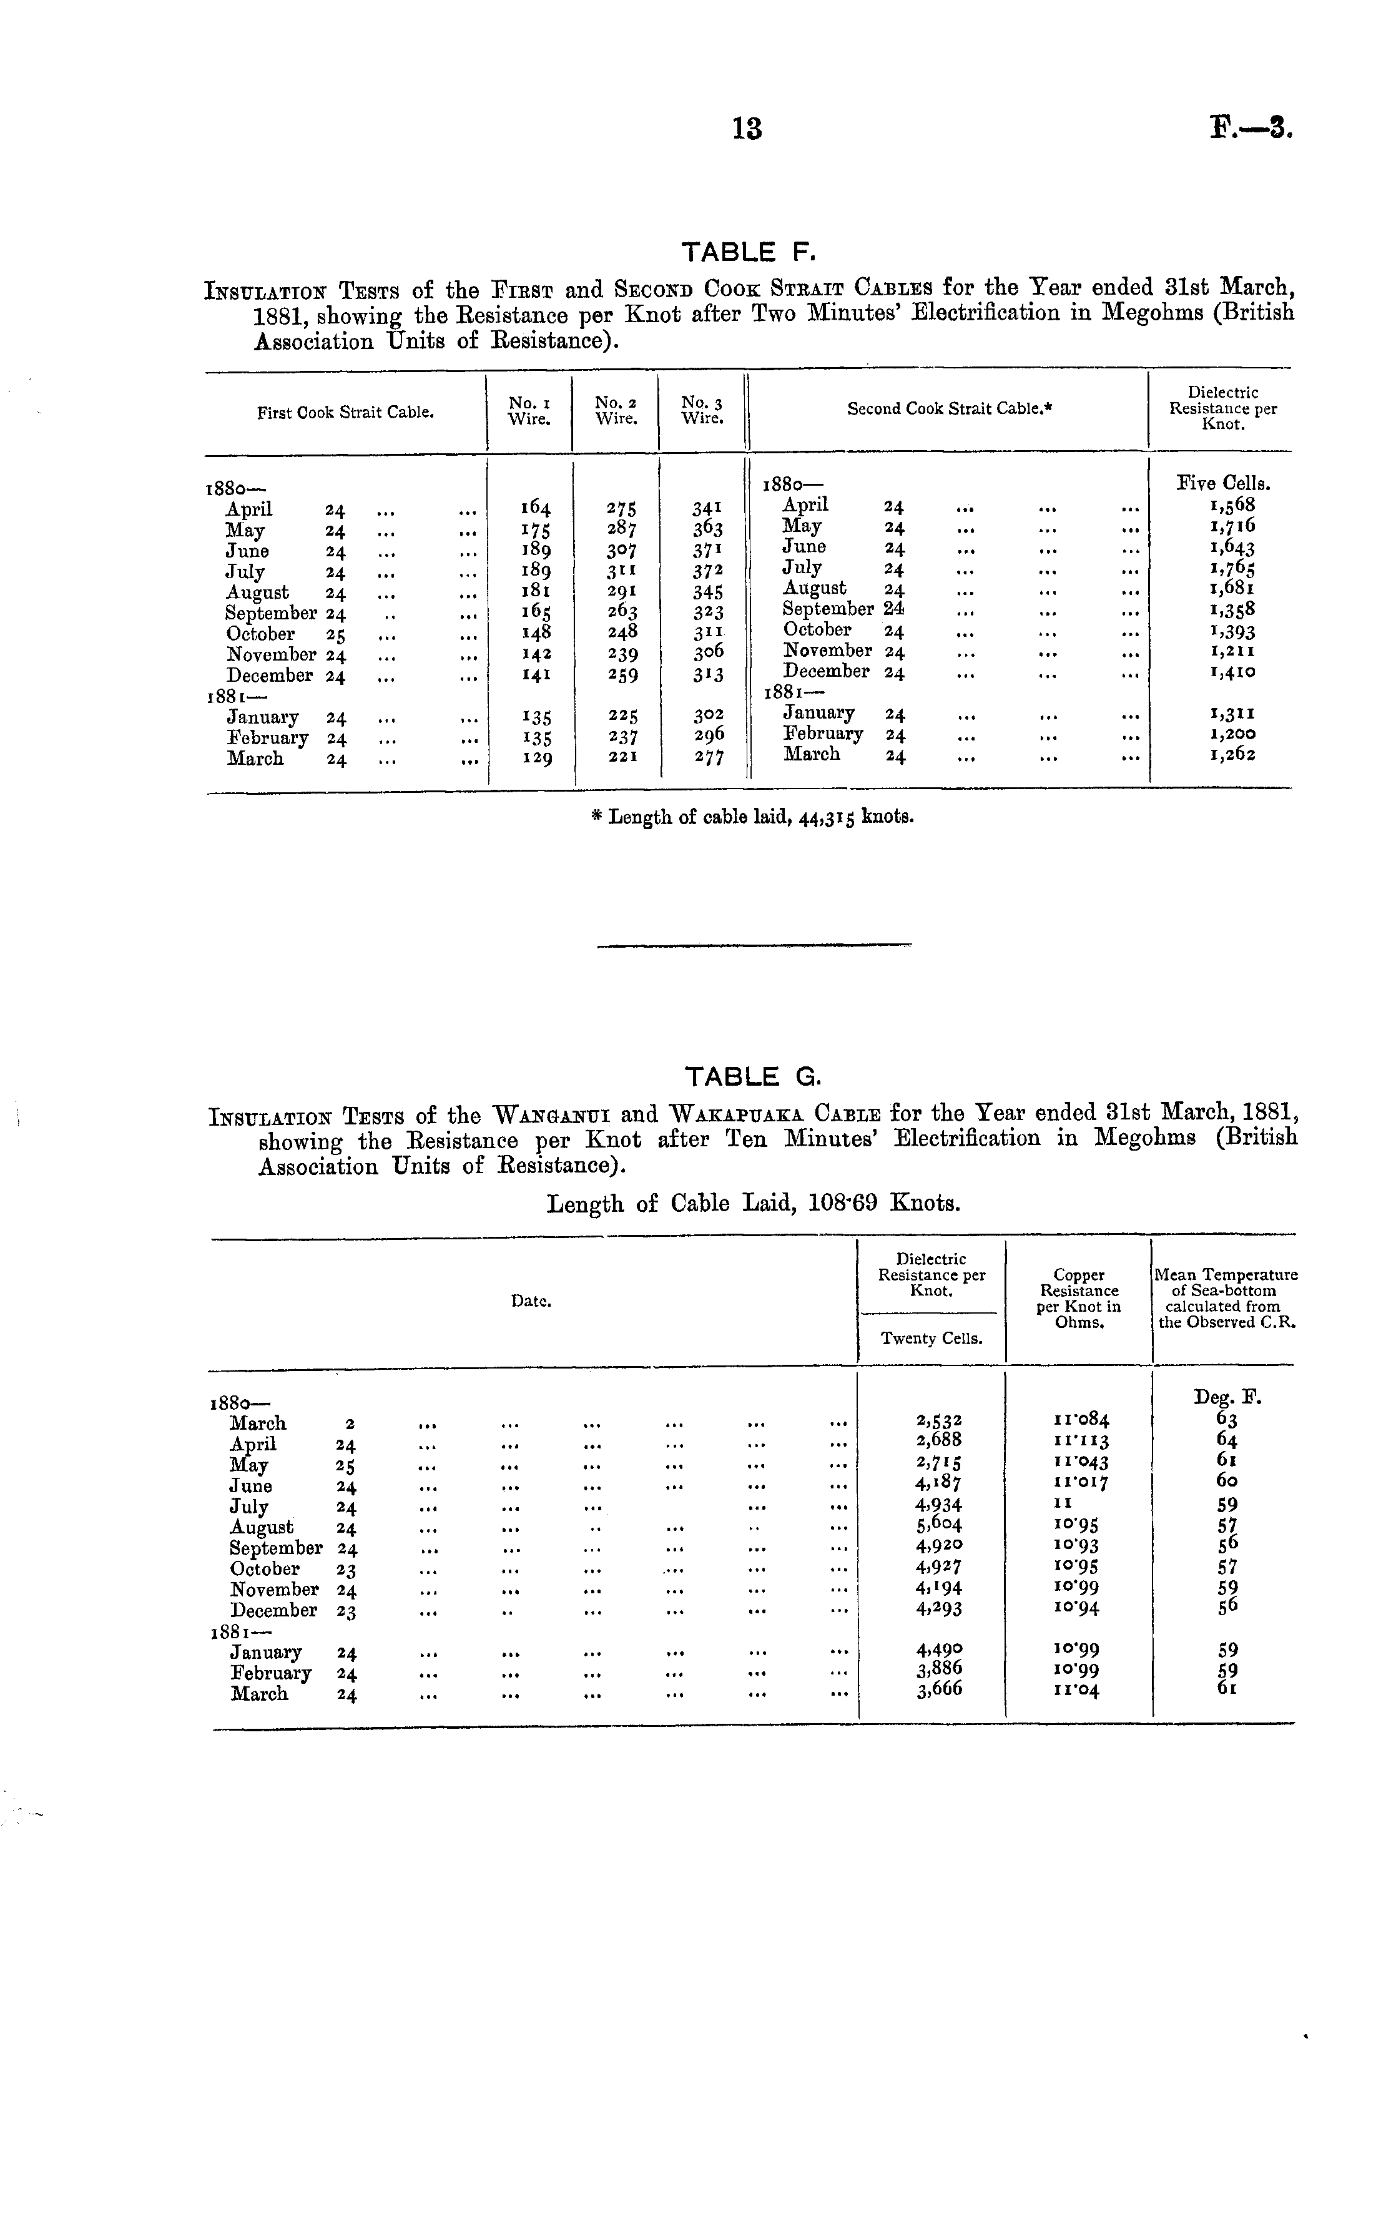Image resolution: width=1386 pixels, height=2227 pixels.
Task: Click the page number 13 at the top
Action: click(x=747, y=129)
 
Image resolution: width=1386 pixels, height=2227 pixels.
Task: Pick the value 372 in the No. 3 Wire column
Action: click(x=707, y=571)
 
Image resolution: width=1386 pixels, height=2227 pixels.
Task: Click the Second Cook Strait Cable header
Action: click(x=948, y=409)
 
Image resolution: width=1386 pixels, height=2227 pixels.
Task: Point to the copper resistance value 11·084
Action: click(x=1082, y=1420)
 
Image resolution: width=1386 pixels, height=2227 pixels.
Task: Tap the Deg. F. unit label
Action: click(x=1227, y=1398)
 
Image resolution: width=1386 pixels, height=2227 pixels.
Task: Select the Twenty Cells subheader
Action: click(x=931, y=1339)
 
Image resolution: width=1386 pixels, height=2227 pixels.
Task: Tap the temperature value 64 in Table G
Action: click(x=1227, y=1442)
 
